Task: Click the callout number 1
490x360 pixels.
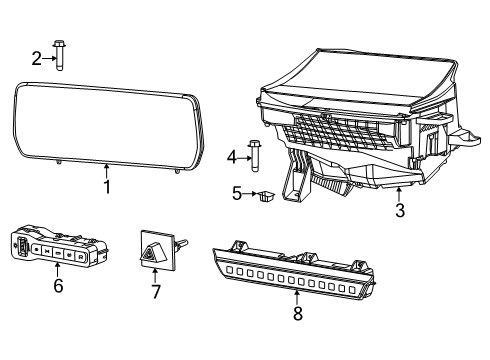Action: [106, 186]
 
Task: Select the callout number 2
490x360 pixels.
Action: [37, 58]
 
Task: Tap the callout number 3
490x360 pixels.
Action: [399, 211]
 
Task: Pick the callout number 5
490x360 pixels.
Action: [236, 193]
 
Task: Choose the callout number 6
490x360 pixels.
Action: [57, 285]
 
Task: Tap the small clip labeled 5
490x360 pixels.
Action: [265, 196]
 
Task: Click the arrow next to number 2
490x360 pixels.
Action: [49, 58]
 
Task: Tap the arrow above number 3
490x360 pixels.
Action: [399, 194]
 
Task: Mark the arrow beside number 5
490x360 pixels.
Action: [249, 194]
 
